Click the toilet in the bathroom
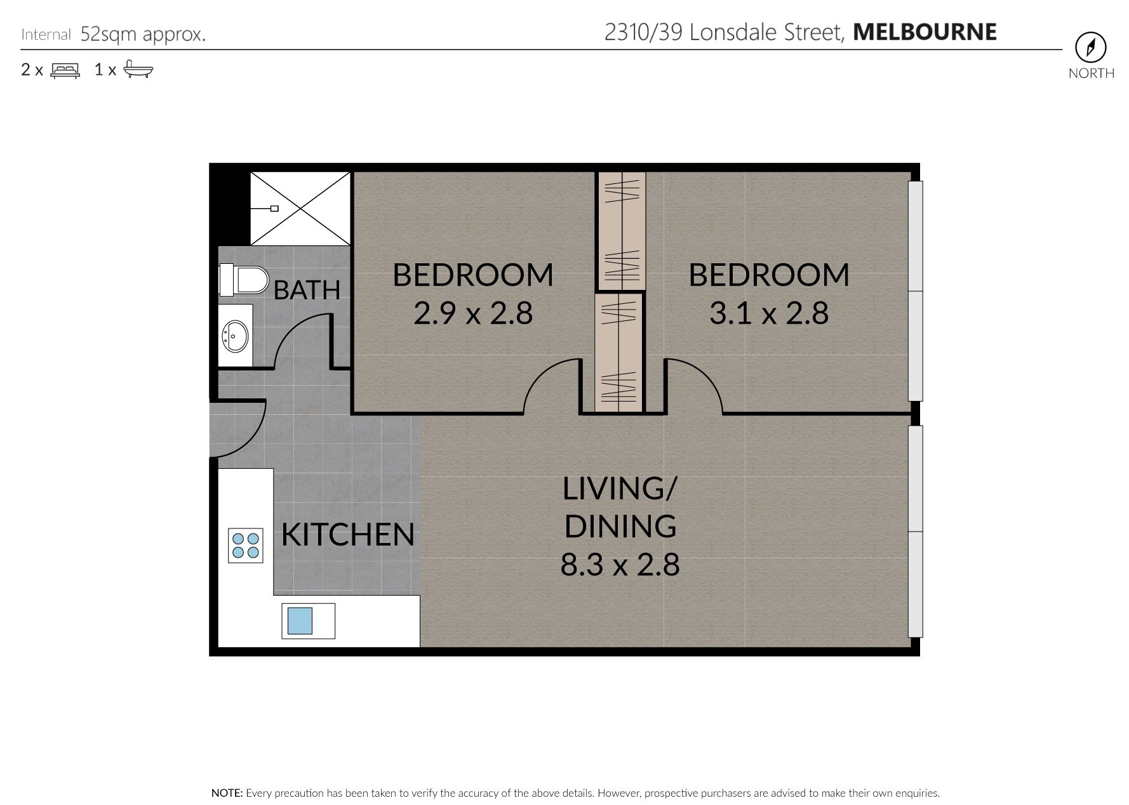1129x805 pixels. click(244, 280)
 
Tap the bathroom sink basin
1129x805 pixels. click(236, 336)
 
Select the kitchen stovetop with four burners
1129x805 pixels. click(246, 546)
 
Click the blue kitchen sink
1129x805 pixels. click(300, 620)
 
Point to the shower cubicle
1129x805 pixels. click(300, 208)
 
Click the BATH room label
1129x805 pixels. click(307, 290)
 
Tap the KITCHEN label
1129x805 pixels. click(348, 535)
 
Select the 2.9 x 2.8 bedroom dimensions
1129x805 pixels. click(473, 313)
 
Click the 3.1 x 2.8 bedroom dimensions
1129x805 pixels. click(769, 313)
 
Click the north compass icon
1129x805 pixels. click(1091, 48)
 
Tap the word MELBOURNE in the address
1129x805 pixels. click(925, 32)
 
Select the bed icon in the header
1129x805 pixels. click(65, 70)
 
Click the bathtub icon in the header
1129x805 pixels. click(138, 69)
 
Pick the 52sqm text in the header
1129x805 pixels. click(108, 34)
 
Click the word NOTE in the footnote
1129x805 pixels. click(227, 793)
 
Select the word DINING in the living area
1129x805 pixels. click(620, 527)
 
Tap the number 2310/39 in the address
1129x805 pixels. click(643, 32)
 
